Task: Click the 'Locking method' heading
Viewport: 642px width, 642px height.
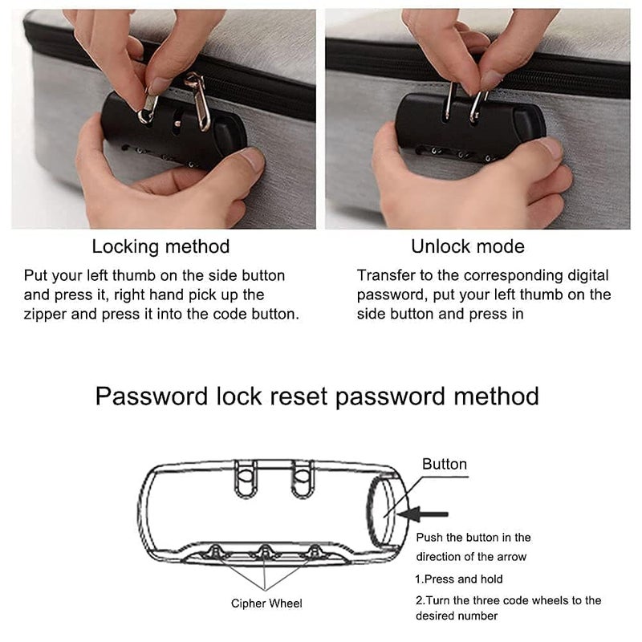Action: pos(160,246)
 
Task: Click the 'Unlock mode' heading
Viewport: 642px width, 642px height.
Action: pos(469,246)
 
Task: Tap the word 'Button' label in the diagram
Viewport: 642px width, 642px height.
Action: pos(445,464)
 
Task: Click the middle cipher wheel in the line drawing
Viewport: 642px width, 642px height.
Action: pos(265,551)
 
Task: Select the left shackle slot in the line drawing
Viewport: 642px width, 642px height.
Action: pos(246,480)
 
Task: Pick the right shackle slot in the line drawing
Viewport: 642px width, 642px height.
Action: pos(303,480)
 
